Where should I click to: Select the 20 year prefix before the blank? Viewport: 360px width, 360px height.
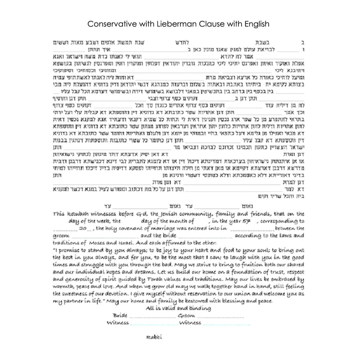pos(82,229)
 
